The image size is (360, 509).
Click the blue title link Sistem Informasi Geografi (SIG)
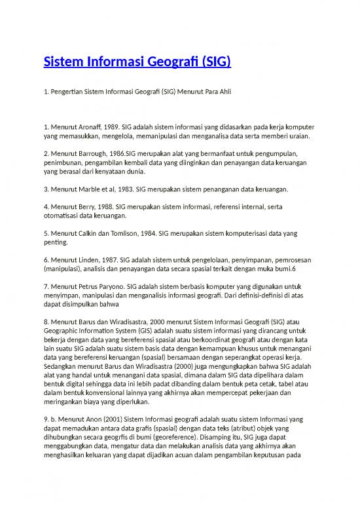[x=137, y=63]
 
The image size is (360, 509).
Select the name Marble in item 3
[x=90, y=189]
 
